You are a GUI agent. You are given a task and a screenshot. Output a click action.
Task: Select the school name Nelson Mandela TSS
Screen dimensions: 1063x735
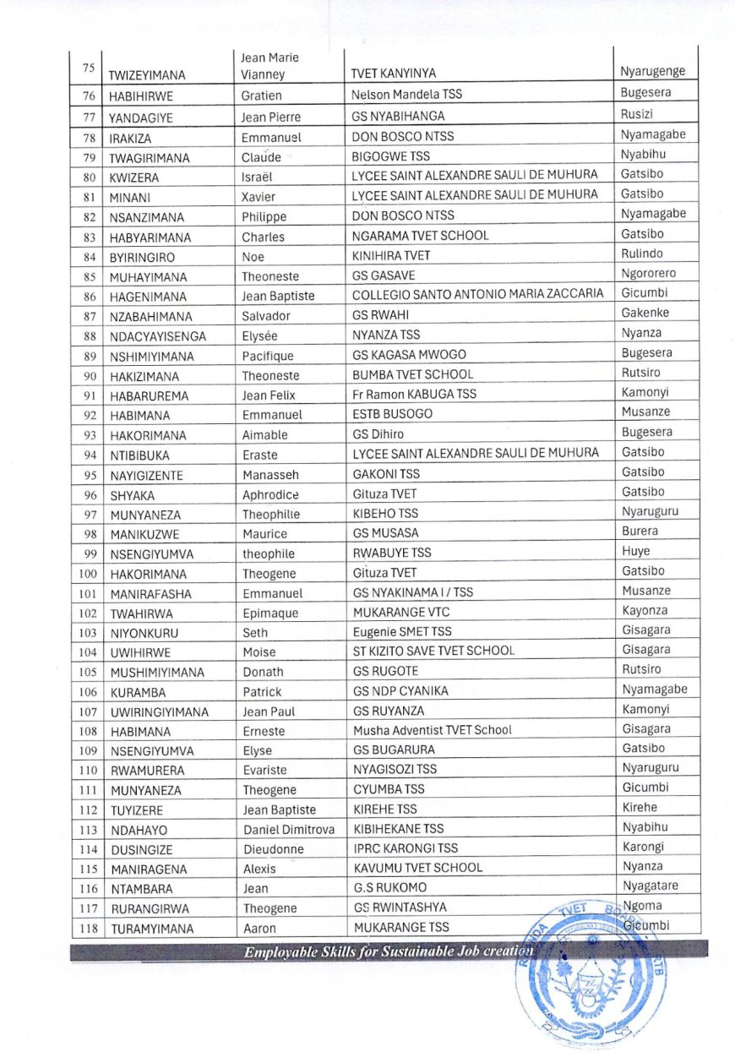pyautogui.click(x=406, y=95)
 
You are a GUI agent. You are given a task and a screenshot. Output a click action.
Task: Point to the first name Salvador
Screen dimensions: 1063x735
pyautogui.click(x=266, y=316)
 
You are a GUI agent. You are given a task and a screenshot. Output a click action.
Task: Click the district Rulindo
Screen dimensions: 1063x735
pyautogui.click(x=642, y=253)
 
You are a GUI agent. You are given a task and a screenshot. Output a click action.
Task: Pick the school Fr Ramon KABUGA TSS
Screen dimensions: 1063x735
pyautogui.click(x=415, y=395)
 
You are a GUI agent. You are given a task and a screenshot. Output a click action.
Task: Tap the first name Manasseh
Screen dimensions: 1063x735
pyautogui.click(x=270, y=475)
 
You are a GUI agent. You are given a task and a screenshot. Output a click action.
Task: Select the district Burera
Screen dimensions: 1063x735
pyautogui.click(x=640, y=531)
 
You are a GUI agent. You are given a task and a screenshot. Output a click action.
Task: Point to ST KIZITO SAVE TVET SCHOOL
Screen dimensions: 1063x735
pyautogui.click(x=433, y=651)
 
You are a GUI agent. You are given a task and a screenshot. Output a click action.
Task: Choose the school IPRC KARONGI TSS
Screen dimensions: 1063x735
pyautogui.click(x=406, y=848)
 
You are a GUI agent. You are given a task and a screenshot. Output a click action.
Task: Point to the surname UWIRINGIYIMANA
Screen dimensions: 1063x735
pyautogui.click(x=159, y=712)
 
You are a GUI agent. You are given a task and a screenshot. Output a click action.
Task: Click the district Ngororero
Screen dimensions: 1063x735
pyautogui.click(x=648, y=274)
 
